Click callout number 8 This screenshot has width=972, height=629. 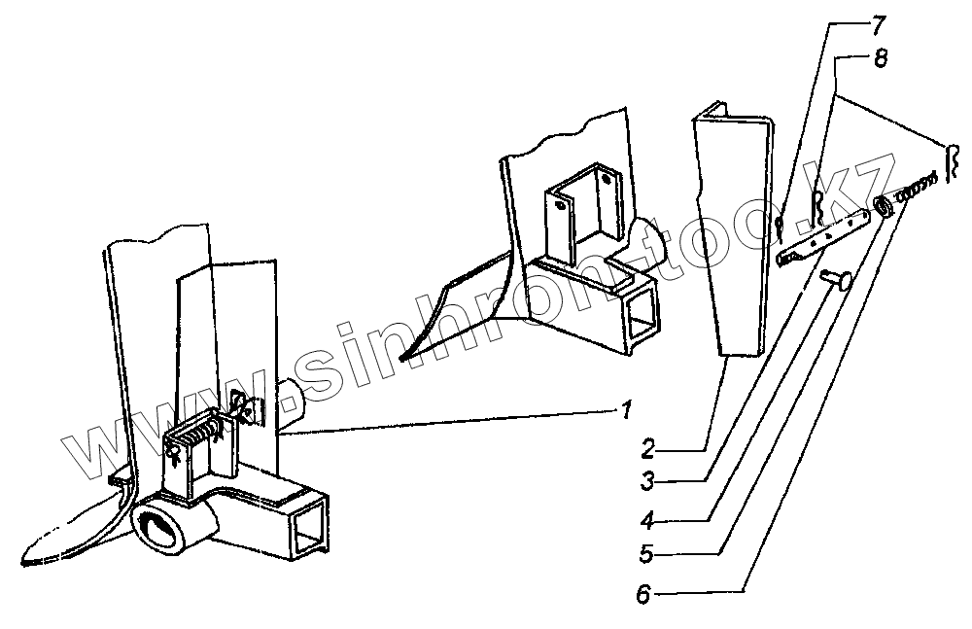point(880,59)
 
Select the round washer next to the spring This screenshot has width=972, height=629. point(884,206)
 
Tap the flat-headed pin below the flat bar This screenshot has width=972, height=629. point(834,280)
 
